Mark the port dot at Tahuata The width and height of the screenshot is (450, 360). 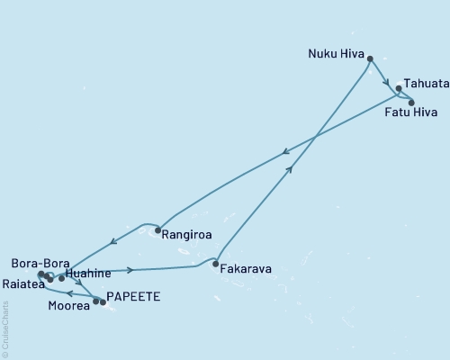pyautogui.click(x=399, y=89)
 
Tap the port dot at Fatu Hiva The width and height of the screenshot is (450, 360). pyautogui.click(x=411, y=103)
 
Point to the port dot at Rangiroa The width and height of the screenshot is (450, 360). pyautogui.click(x=157, y=231)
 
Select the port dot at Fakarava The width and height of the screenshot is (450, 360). pyautogui.click(x=215, y=265)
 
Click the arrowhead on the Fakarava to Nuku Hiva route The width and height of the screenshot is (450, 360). pyautogui.click(x=289, y=169)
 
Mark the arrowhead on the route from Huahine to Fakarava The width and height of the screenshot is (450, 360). pyautogui.click(x=131, y=269)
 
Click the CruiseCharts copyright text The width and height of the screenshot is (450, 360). pyautogui.click(x=4, y=328)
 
